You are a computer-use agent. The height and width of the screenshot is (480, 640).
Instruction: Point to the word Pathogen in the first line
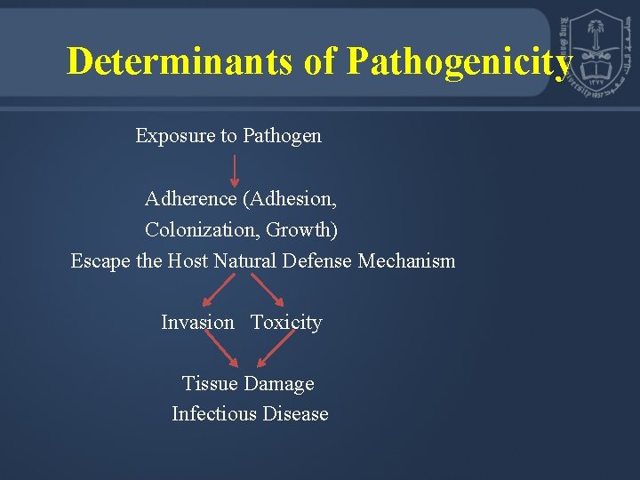click(282, 136)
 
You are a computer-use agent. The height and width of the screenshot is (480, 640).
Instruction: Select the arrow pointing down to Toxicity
click(268, 290)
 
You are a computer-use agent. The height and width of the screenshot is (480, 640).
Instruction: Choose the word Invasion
click(197, 323)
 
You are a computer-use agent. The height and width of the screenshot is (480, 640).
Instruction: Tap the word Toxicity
click(286, 323)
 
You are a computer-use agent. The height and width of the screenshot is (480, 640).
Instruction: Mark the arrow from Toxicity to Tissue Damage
click(274, 350)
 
